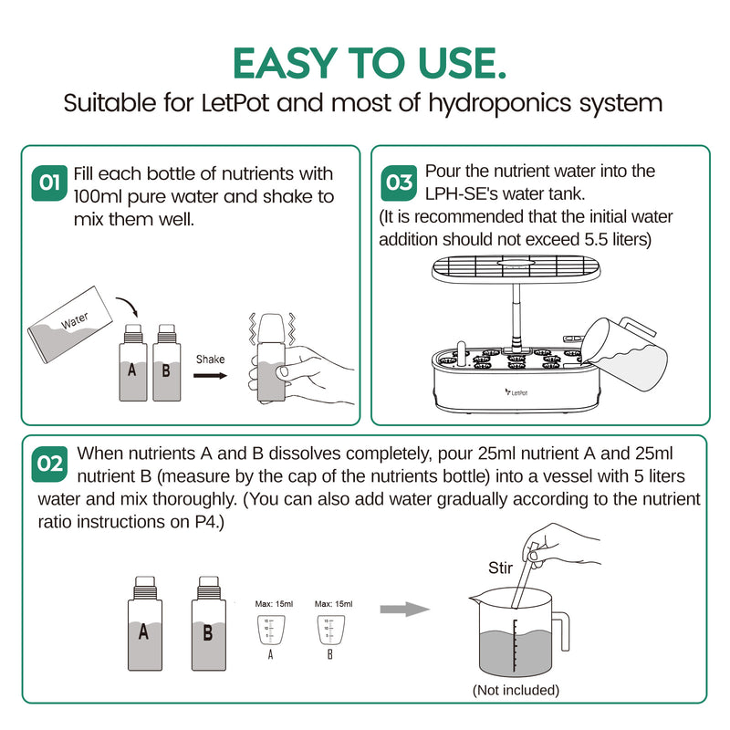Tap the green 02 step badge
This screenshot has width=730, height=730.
[48, 464]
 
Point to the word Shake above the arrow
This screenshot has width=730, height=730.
[210, 359]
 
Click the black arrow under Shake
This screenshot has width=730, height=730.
[211, 374]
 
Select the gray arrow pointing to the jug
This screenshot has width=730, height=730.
[404, 609]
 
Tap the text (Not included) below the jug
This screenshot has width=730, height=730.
[516, 690]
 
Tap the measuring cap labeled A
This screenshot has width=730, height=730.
[270, 631]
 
